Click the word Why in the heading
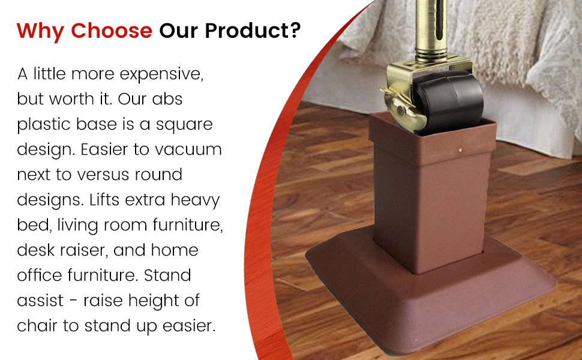pos(40,31)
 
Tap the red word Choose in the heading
pos(112,31)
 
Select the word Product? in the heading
pos(253,30)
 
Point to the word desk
pos(35,250)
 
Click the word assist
pos(40,301)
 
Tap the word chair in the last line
pos(37,326)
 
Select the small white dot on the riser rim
pos(461,151)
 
